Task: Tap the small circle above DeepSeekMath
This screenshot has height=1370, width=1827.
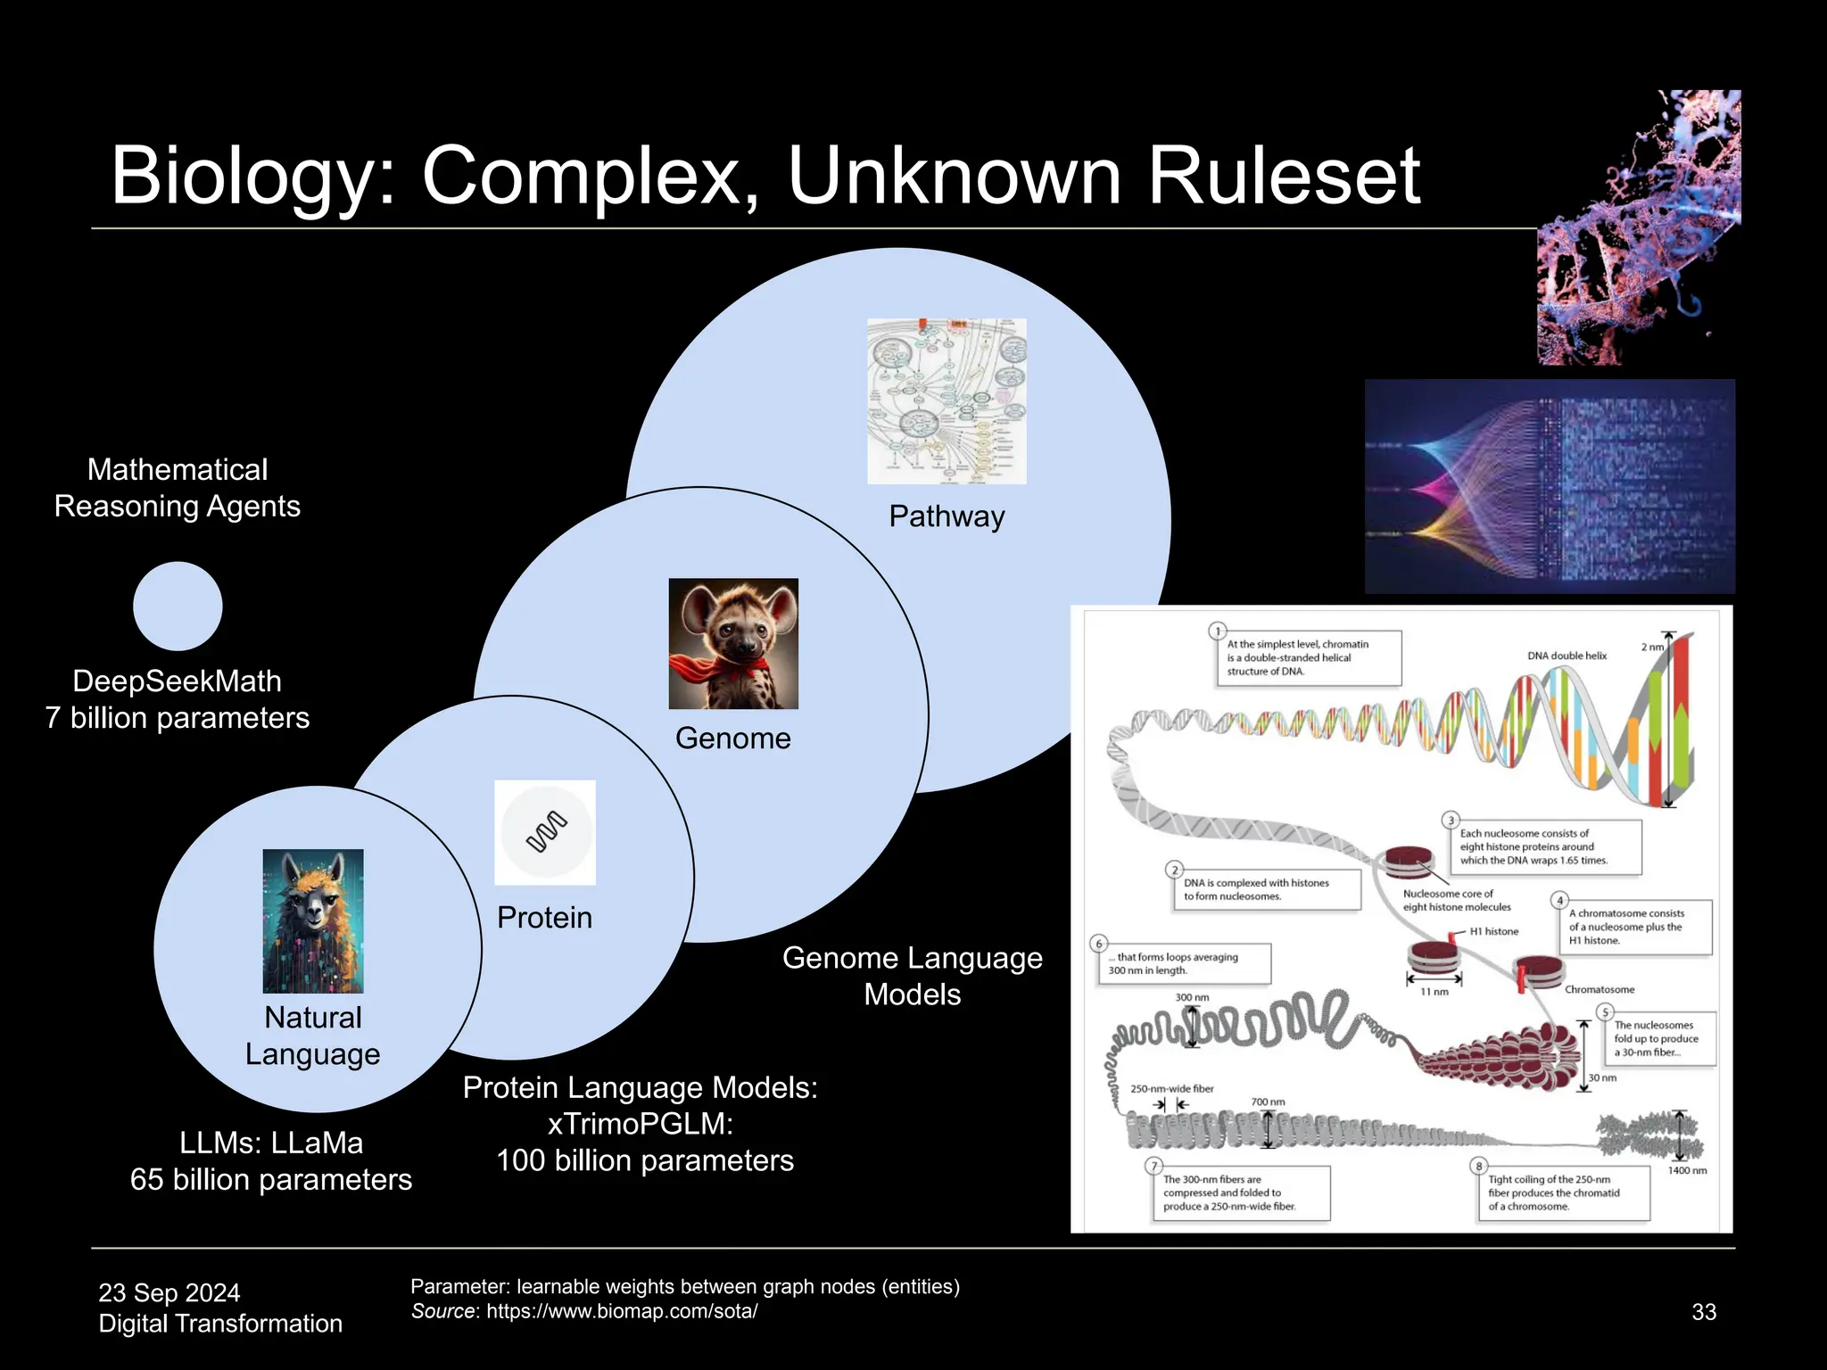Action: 178,606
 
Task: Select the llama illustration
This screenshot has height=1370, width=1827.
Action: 313,920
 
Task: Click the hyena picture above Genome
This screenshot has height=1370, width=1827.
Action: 733,643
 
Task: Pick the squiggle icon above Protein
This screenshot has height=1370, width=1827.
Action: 545,832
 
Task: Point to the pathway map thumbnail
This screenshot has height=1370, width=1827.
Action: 947,400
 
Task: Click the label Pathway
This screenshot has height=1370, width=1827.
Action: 947,516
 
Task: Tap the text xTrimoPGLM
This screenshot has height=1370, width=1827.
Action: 640,1124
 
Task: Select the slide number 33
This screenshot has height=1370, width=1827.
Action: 1704,1312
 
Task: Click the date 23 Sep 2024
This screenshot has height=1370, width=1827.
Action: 169,1292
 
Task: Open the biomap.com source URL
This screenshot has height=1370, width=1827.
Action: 622,1311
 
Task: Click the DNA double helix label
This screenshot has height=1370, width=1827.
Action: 1567,656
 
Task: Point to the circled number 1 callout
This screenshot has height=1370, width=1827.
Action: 1218,631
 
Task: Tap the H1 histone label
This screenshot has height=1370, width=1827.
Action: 1493,931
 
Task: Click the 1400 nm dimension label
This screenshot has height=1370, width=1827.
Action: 1687,1170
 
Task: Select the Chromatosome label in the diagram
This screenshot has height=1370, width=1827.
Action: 1600,989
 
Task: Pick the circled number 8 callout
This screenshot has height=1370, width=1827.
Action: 1478,1166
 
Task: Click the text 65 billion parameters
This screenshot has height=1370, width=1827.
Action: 271,1180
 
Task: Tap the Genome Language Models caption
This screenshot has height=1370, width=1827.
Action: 912,976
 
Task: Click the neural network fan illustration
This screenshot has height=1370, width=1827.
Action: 1550,486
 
